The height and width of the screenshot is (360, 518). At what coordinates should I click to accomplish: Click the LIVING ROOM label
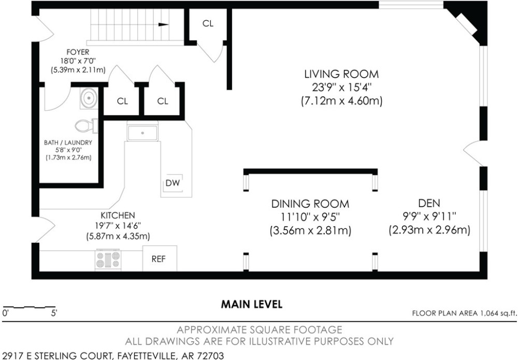(341, 74)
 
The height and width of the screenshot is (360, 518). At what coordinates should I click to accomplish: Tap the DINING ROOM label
(310, 204)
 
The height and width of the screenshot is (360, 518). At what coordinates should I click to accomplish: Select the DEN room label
(429, 203)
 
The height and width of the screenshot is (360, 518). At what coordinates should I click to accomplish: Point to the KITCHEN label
(118, 215)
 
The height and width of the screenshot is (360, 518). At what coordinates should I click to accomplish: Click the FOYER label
(78, 52)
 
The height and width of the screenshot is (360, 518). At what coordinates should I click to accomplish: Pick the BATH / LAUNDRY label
(68, 142)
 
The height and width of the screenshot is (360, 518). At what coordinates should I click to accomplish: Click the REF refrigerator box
(160, 258)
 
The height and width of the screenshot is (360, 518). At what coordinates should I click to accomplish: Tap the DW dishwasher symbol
(172, 183)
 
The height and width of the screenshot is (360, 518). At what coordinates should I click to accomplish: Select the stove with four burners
(108, 260)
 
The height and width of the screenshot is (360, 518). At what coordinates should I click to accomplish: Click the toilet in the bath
(86, 126)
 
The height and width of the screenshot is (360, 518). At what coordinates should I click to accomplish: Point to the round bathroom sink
(89, 98)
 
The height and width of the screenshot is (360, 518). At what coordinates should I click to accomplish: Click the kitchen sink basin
(143, 133)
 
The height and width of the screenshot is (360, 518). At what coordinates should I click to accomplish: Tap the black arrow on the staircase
(164, 24)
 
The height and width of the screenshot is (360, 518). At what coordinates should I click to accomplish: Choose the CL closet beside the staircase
(208, 23)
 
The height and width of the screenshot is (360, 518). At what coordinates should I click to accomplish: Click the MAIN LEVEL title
(252, 304)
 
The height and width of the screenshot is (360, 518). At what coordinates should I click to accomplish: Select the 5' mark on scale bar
(54, 312)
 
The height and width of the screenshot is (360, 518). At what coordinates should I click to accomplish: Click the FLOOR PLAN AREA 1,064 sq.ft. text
(464, 313)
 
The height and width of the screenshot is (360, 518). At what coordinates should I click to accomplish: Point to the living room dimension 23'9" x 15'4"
(342, 88)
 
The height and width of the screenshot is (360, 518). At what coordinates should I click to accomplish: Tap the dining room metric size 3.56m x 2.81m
(310, 231)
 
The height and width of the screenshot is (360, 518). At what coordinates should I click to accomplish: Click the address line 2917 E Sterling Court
(113, 356)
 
